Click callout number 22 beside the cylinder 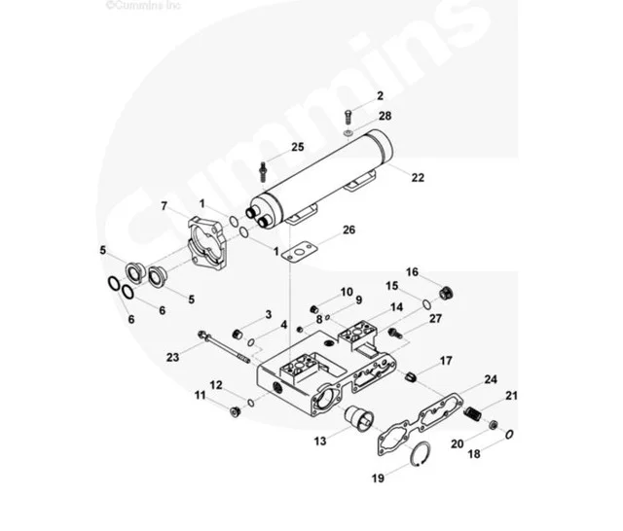[x=418, y=178]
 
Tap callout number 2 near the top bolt [x=380, y=95]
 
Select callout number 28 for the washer [x=385, y=116]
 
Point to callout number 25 [x=298, y=147]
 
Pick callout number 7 [x=165, y=205]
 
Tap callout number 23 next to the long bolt [x=172, y=358]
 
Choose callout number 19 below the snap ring [x=378, y=478]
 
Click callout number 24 [x=491, y=379]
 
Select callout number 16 [x=412, y=271]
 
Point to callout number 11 [x=200, y=395]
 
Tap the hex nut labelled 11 [x=234, y=410]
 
